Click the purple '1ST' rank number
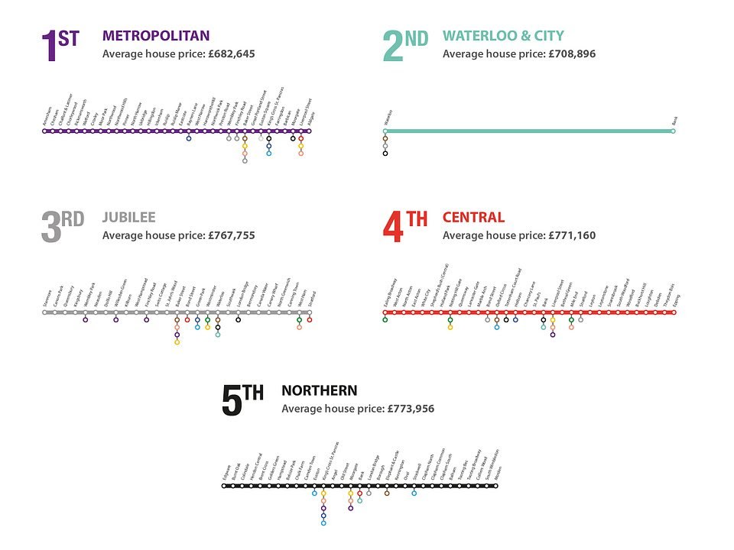click(x=59, y=47)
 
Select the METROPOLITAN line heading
click(x=156, y=35)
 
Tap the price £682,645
click(x=231, y=54)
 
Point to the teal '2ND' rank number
click(x=404, y=47)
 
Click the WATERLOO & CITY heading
click(x=503, y=35)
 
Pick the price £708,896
click(x=572, y=54)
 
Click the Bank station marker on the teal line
click(x=673, y=131)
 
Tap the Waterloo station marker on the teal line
click(x=385, y=131)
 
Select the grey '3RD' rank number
click(x=62, y=228)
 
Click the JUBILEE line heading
click(x=128, y=218)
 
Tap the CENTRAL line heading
click(x=473, y=218)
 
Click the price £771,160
click(x=572, y=236)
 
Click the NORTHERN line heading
click(x=319, y=390)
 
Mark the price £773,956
click(x=411, y=409)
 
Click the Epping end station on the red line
click(x=675, y=312)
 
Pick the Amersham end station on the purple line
click(x=45, y=131)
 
